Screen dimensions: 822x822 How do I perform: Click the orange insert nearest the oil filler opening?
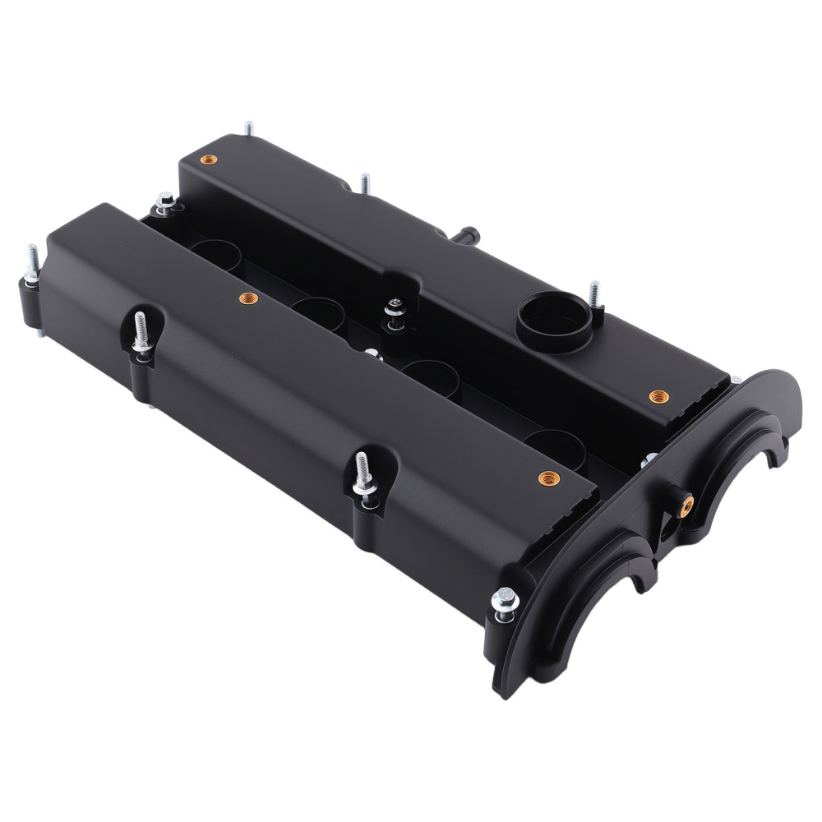tap(655, 396)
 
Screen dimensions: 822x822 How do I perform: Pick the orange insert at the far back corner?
tap(206, 158)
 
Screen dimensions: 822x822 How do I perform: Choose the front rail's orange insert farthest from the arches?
tap(243, 297)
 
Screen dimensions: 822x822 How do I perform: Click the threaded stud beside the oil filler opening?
tap(594, 293)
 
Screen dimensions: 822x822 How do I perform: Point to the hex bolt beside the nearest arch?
tap(503, 597)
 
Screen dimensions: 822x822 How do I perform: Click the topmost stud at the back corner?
tap(247, 129)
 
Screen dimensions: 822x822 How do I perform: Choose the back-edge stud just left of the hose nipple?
tap(363, 183)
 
